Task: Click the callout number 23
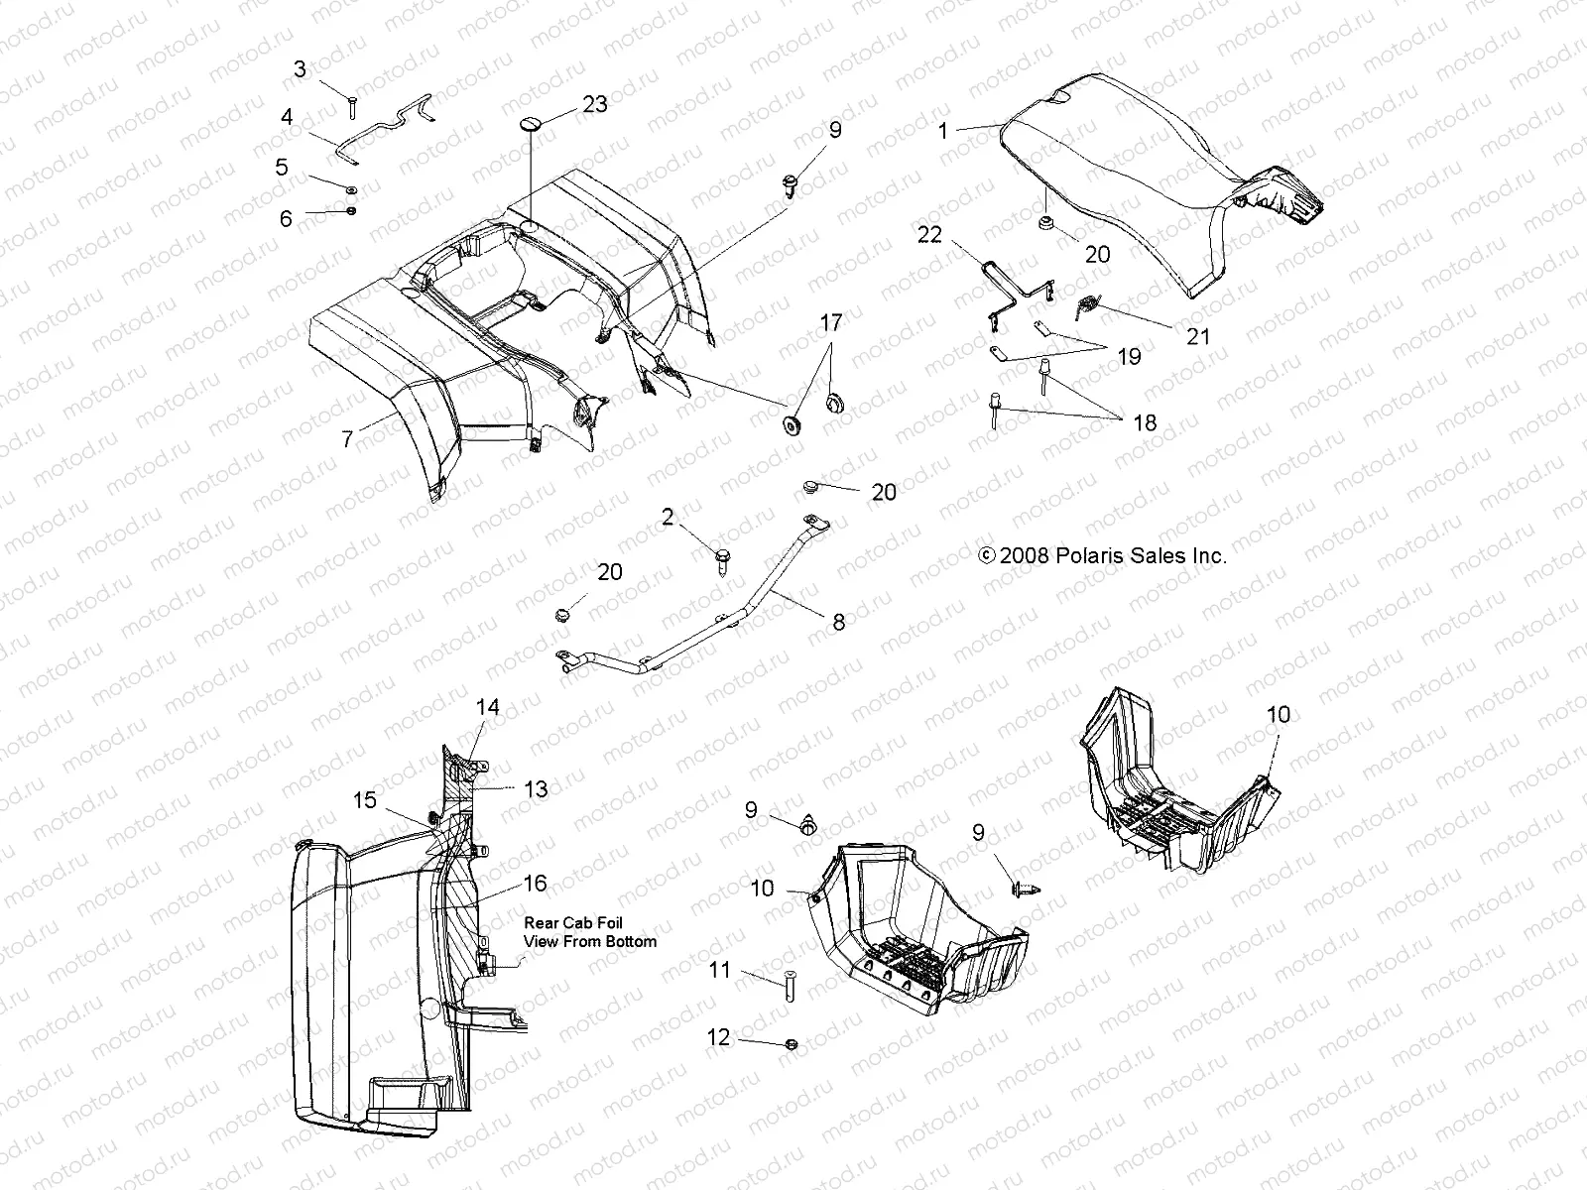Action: (x=595, y=103)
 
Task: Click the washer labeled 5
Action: (x=352, y=188)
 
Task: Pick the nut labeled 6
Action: (x=353, y=211)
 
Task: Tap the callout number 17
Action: (x=831, y=322)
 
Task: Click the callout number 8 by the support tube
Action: (x=838, y=622)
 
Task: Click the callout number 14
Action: (x=487, y=707)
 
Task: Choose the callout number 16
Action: (x=535, y=884)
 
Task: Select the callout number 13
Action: (x=536, y=788)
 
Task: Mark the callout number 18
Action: (x=1144, y=422)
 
